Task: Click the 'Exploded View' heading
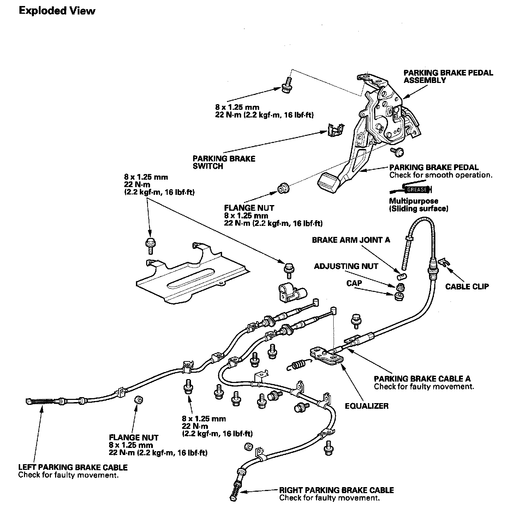coord(57,11)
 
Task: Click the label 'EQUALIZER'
coord(366,406)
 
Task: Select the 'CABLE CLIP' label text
coord(467,286)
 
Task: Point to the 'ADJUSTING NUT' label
coord(346,266)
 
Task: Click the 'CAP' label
coord(354,283)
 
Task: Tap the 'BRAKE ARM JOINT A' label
coord(351,240)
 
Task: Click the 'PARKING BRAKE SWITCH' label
coord(224,162)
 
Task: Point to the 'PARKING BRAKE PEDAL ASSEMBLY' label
coord(448,77)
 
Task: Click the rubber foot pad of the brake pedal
coord(328,182)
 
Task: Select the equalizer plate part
coord(327,355)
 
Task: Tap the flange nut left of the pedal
coord(284,188)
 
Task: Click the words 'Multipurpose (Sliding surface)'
coord(418,205)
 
